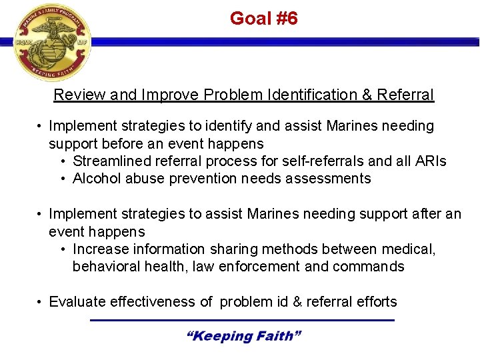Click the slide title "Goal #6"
tap(263, 19)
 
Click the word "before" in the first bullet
tap(126, 143)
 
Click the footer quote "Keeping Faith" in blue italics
tap(243, 336)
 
